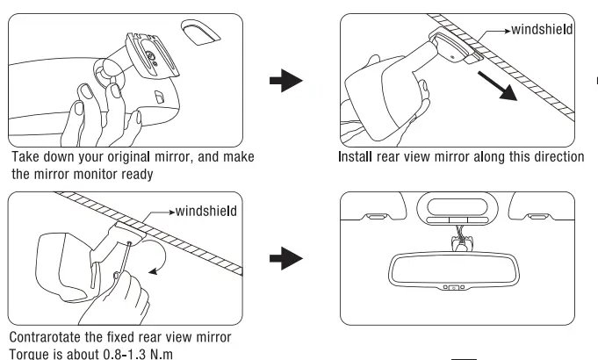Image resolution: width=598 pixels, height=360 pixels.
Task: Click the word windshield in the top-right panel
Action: [542, 30]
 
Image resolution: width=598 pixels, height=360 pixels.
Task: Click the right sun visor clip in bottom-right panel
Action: [541, 215]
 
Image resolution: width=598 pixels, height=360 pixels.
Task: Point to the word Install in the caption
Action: [358, 157]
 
